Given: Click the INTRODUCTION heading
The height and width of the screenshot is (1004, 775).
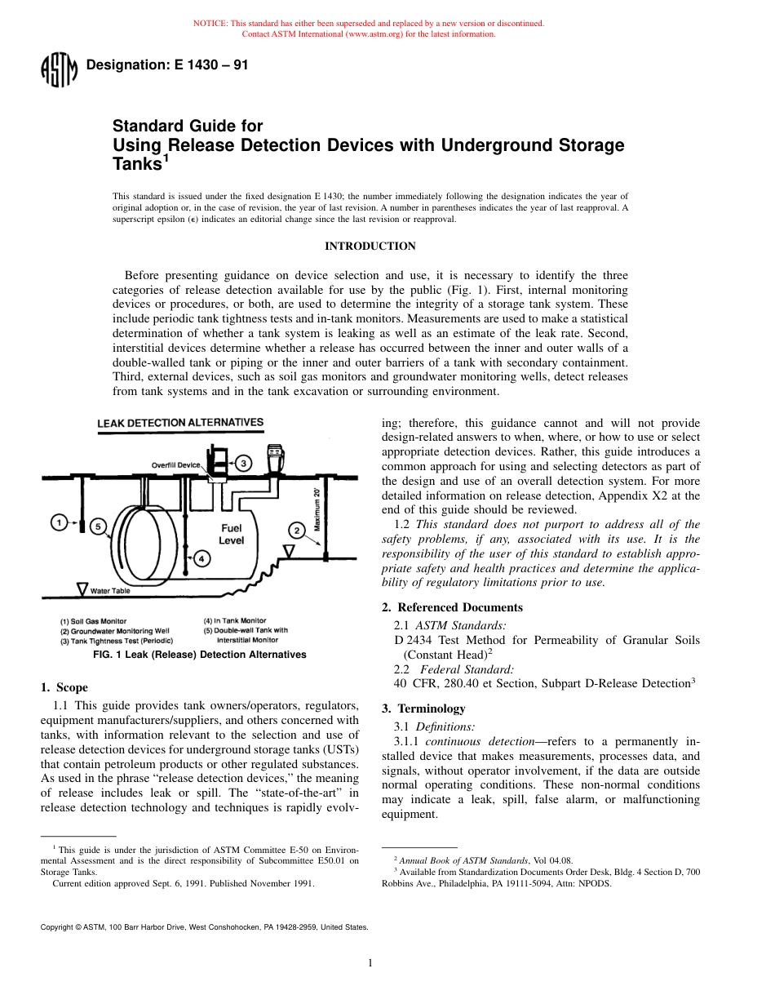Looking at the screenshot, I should point(370,247).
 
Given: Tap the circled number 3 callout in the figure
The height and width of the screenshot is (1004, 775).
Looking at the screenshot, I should point(244,463).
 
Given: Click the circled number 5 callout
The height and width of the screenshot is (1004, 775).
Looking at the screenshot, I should point(98,526).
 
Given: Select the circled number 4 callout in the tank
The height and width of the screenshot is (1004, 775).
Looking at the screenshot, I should point(201,558).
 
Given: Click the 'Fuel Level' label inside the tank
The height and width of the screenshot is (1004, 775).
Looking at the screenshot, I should point(231,534).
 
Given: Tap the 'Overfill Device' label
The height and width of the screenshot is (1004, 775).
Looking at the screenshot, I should point(175,464).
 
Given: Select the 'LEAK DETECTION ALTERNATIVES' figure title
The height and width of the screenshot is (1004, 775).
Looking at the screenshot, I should point(180,423).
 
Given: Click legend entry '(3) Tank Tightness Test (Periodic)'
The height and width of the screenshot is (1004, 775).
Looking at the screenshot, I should point(116,641).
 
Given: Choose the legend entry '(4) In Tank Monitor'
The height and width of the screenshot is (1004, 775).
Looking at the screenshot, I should point(234,621).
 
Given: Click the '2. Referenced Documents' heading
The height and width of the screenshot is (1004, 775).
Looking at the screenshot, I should point(452,607).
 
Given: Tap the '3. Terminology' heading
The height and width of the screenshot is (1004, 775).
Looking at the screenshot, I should point(423,709).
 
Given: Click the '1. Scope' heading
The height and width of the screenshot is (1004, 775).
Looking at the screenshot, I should point(64,687).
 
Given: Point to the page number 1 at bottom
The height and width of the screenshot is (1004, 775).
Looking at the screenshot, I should point(370,963).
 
